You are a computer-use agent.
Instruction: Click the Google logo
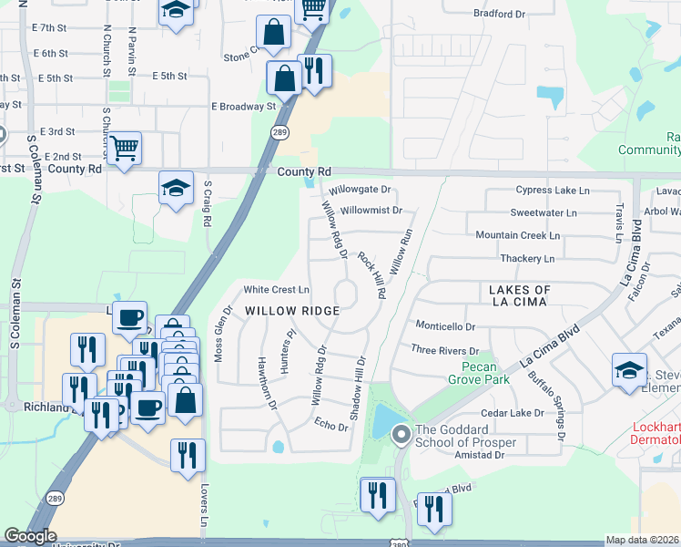30,536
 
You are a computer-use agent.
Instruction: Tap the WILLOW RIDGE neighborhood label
291,311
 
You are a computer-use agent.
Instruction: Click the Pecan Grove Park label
478,373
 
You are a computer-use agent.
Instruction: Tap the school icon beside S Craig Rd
176,188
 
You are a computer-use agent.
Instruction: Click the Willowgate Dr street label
360,191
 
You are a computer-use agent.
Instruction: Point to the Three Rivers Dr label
444,350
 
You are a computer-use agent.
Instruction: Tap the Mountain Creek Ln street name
517,235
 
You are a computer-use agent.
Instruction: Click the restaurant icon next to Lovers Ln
187,456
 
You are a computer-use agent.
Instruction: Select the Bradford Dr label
502,14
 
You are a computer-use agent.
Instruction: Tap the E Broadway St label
243,107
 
